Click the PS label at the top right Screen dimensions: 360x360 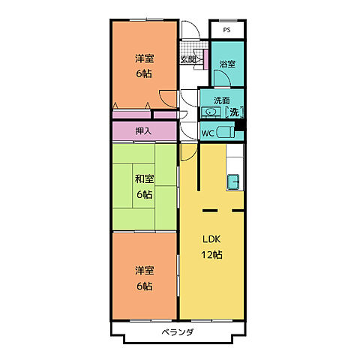(226, 30)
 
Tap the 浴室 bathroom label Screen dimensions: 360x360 (227, 64)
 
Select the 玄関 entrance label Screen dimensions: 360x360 (188, 59)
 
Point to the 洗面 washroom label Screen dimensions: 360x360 (222, 100)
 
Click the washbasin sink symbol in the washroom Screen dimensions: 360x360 (211, 112)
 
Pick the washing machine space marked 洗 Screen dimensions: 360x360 (234, 112)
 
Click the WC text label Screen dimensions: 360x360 (208, 133)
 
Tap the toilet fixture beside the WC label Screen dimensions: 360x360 (226, 132)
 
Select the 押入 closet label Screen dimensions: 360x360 (143, 130)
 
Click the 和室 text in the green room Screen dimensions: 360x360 (145, 178)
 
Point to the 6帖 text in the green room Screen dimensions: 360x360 (145, 194)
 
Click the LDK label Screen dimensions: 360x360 (211, 239)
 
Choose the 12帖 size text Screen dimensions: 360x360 (211, 255)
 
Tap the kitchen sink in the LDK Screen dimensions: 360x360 (233, 181)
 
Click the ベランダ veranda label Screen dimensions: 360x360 (178, 332)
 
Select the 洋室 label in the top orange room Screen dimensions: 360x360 (145, 58)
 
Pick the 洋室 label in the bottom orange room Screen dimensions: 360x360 (145, 271)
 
